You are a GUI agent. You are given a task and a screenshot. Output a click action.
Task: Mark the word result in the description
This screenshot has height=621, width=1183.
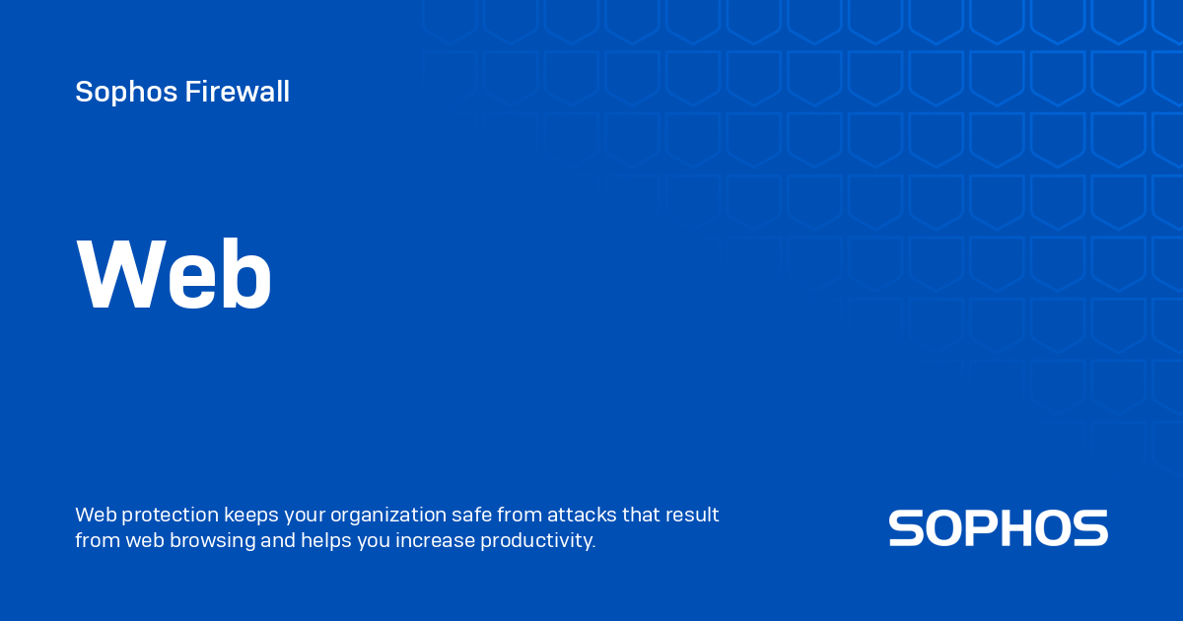[x=692, y=516]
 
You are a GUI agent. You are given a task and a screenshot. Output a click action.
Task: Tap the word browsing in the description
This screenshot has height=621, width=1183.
[x=213, y=541]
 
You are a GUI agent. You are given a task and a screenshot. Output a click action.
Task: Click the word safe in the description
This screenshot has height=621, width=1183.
[x=468, y=516]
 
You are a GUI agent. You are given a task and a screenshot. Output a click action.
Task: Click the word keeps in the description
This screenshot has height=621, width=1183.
[x=250, y=516]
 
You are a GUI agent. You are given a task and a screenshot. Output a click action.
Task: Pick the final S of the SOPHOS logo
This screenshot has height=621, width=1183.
[x=1090, y=528]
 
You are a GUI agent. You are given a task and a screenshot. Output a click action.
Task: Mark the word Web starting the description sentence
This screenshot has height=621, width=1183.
[x=95, y=516]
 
